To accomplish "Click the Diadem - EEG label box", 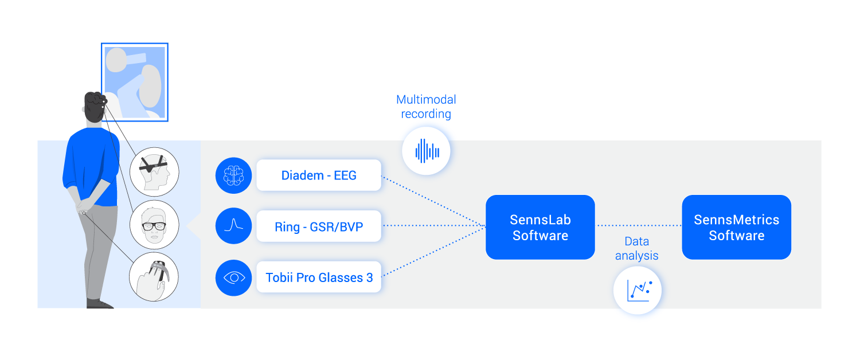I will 319,175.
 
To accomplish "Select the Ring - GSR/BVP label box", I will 319,226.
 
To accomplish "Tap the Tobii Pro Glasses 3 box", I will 319,277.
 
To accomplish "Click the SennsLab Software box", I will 540,227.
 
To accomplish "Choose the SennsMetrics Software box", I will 736,227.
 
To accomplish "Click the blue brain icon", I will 234,175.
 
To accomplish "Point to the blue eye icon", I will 234,277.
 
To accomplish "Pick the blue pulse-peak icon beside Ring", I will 234,226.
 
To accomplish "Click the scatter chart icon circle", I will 638,291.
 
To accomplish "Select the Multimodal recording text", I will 426,107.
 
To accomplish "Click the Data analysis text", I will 636,249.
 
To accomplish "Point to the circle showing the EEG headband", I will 154,171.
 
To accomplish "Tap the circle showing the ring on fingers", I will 154,277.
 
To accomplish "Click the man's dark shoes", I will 99,303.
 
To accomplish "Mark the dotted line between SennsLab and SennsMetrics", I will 638,226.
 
